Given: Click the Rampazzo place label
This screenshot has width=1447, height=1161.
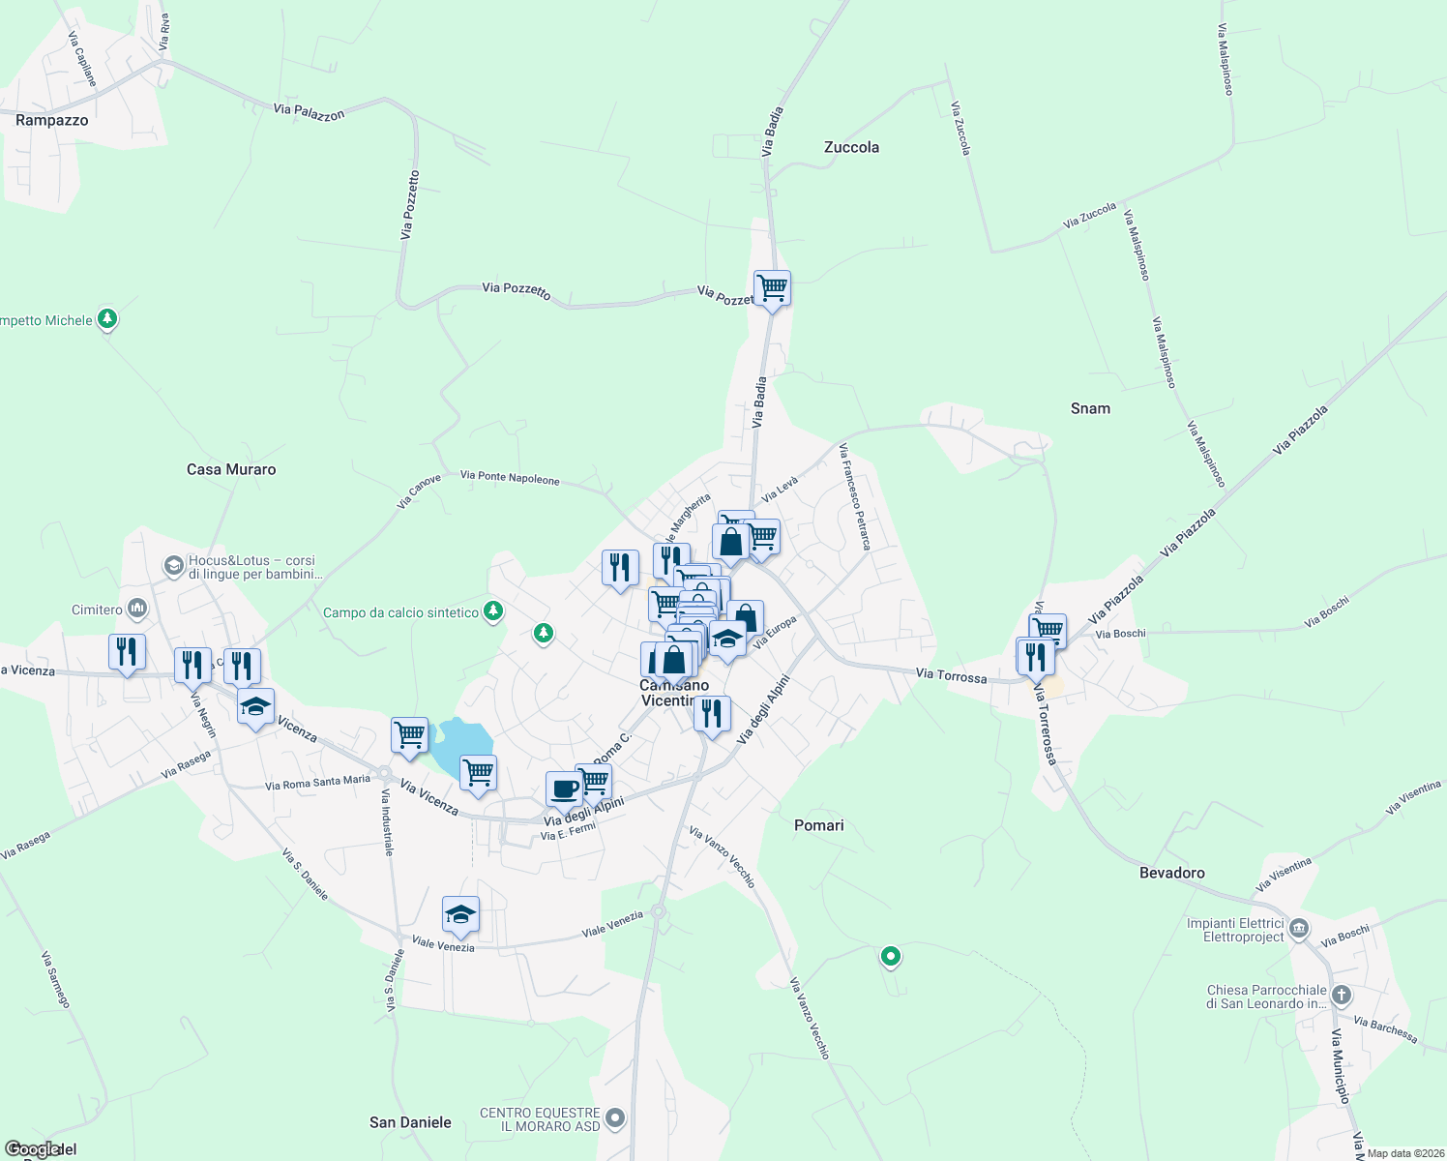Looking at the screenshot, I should [52, 121].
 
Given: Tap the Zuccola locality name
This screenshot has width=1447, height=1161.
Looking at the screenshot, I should [851, 147].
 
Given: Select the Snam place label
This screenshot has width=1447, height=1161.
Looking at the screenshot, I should [1090, 408].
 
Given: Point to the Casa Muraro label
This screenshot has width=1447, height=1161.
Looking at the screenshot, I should [231, 469].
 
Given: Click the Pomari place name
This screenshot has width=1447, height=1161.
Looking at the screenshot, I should [818, 825].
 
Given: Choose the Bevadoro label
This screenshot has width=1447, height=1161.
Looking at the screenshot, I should [1171, 873].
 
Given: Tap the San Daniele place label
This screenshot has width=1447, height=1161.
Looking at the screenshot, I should [410, 1122].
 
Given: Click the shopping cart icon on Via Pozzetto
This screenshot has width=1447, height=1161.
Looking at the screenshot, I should [772, 287].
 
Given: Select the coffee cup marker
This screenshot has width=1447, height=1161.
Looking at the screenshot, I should [564, 789].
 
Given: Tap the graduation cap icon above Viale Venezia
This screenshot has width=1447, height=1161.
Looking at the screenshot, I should [460, 913].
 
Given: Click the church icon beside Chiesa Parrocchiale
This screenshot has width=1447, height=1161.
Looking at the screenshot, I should [1341, 995].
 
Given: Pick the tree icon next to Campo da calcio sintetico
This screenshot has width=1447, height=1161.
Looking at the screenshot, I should [493, 610].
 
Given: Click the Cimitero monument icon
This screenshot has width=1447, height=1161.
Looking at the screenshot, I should [137, 609].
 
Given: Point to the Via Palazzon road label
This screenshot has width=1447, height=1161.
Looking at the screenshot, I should [309, 112].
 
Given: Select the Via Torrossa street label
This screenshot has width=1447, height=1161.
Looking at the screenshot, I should [951, 674].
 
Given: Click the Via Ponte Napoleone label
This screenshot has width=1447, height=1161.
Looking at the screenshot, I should [510, 477].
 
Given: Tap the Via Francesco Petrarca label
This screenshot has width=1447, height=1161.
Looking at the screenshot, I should [855, 496].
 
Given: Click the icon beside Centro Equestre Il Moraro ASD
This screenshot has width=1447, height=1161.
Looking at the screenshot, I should [614, 1119].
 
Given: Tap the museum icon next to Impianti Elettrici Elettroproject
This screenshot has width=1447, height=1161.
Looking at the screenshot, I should [1299, 929].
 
